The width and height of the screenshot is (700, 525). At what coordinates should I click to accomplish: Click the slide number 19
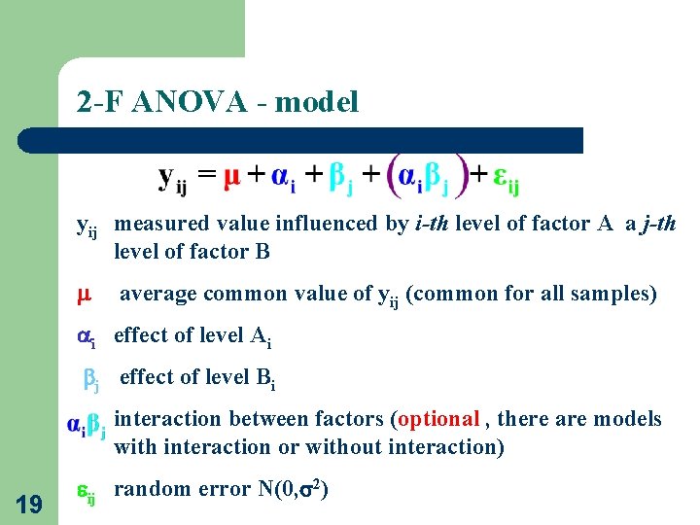(29, 503)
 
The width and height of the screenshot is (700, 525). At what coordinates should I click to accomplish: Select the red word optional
(438, 419)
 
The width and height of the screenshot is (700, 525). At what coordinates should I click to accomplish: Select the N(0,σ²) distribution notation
(298, 488)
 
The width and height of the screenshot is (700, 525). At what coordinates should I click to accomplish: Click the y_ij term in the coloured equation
(172, 178)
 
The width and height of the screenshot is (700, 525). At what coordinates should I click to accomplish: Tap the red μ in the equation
(232, 177)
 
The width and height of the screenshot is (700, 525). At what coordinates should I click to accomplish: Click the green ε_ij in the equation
(506, 179)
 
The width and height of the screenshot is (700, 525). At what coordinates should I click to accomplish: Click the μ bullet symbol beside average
(84, 294)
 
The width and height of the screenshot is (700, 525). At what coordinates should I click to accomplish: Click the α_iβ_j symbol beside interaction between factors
(87, 426)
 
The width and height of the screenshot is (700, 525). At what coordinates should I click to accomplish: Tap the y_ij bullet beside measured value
(87, 227)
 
